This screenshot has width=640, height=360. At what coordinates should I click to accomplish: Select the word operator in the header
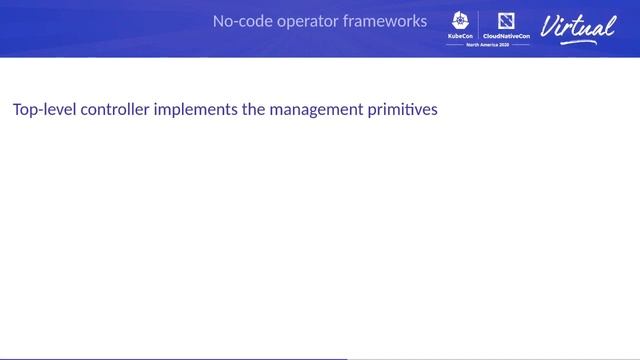[305, 21]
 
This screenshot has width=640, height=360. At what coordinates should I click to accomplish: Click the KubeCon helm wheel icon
[461, 20]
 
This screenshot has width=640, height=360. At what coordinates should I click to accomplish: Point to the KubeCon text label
[461, 35]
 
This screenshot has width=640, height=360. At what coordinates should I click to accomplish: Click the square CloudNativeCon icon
[505, 20]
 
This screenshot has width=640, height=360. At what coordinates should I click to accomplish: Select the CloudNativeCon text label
[506, 35]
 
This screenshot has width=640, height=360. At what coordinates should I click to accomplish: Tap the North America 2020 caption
[488, 45]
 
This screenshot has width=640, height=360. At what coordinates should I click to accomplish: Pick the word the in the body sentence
[254, 109]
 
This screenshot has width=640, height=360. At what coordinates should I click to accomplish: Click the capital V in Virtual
[551, 25]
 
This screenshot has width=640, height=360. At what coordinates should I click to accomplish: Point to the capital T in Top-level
[17, 109]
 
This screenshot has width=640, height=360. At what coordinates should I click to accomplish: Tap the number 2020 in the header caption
[507, 45]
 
